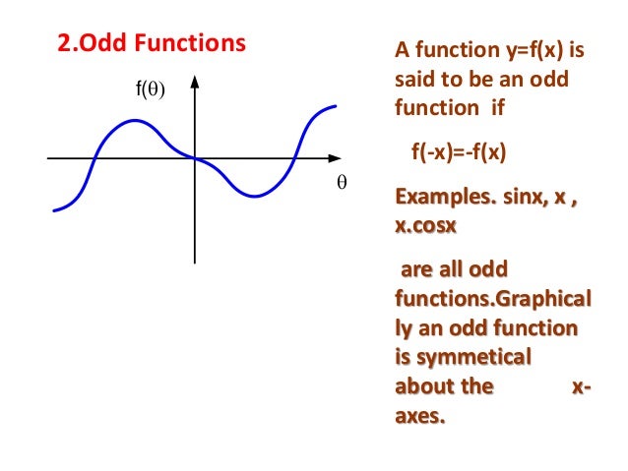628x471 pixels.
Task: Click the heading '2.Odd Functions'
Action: point(147,45)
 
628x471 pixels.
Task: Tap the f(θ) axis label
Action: point(150,90)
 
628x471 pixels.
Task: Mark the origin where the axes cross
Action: point(195,158)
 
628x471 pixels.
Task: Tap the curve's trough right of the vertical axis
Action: point(255,196)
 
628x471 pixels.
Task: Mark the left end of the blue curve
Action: point(54,209)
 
